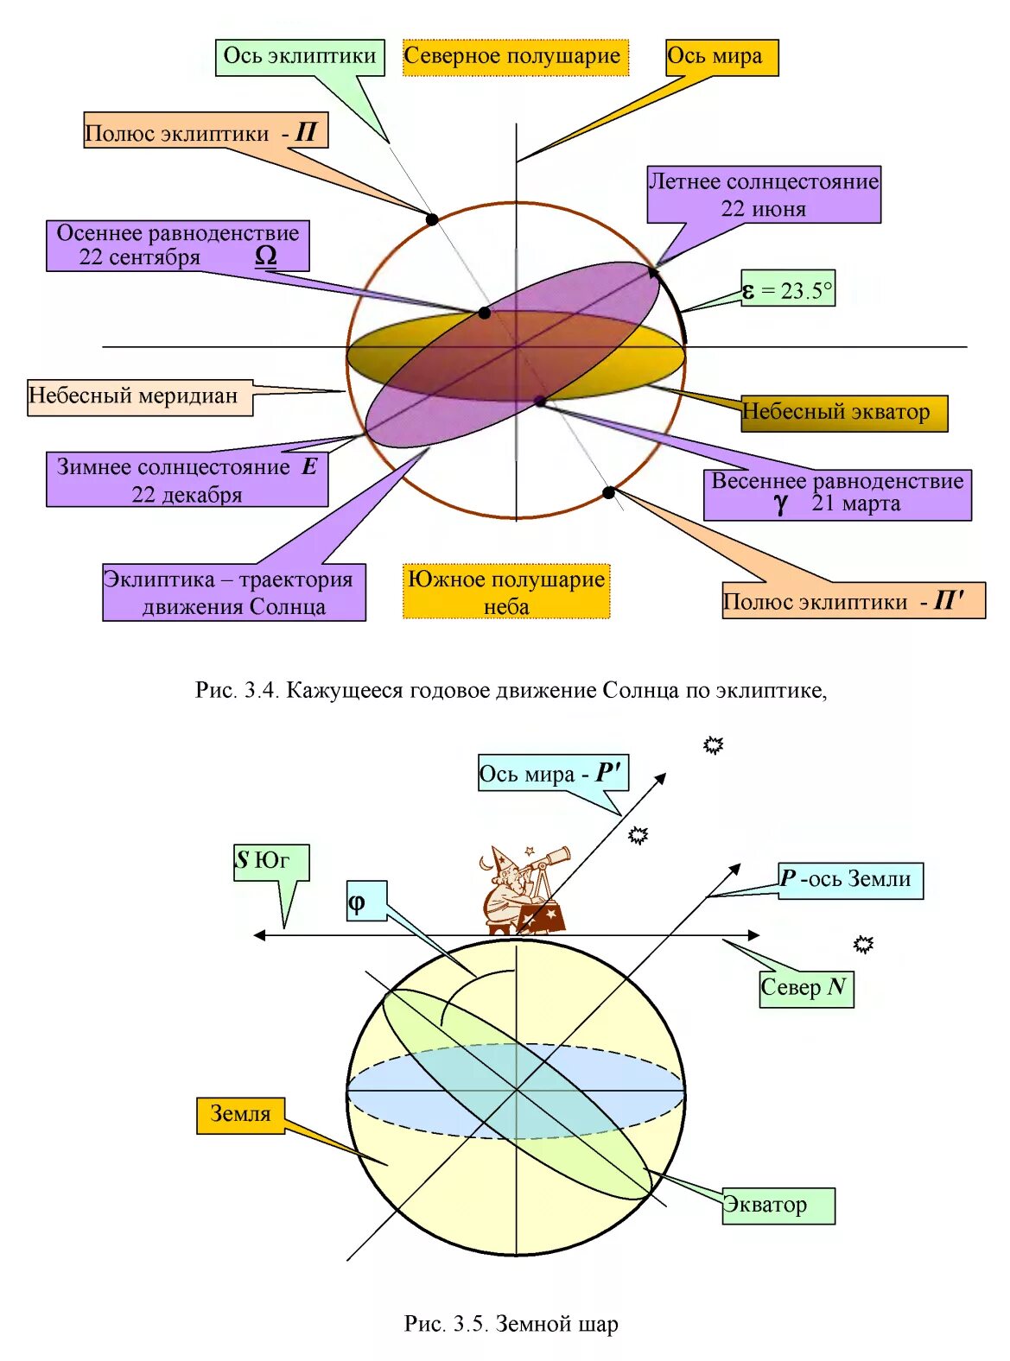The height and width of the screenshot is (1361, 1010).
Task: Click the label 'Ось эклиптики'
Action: pyautogui.click(x=299, y=57)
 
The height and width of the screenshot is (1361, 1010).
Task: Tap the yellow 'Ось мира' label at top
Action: pyautogui.click(x=721, y=57)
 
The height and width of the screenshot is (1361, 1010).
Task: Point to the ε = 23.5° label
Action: pyautogui.click(x=788, y=290)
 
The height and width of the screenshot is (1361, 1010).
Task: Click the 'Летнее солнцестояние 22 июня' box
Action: pyautogui.click(x=764, y=194)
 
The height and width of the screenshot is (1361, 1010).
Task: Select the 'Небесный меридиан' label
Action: pyautogui.click(x=138, y=396)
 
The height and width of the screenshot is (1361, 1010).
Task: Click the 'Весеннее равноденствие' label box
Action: pyautogui.click(x=836, y=493)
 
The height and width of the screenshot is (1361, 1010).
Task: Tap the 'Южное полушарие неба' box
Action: pyautogui.click(x=506, y=591)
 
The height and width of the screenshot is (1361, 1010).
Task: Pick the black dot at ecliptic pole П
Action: pyautogui.click(x=431, y=219)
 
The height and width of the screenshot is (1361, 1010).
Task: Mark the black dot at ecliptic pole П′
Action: pyautogui.click(x=608, y=492)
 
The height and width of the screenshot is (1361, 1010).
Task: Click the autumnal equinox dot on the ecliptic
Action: pyautogui.click(x=485, y=313)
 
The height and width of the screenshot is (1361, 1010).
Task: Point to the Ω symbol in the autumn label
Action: pyautogui.click(x=266, y=256)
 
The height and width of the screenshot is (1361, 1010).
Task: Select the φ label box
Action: pyautogui.click(x=365, y=901)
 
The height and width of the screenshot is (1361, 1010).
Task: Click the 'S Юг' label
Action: pyautogui.click(x=270, y=861)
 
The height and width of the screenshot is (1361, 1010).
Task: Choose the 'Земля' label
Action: pyautogui.click(x=240, y=1114)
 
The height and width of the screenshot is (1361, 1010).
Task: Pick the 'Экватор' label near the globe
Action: pyautogui.click(x=777, y=1205)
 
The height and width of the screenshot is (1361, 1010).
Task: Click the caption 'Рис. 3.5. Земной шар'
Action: pyautogui.click(x=511, y=1323)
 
